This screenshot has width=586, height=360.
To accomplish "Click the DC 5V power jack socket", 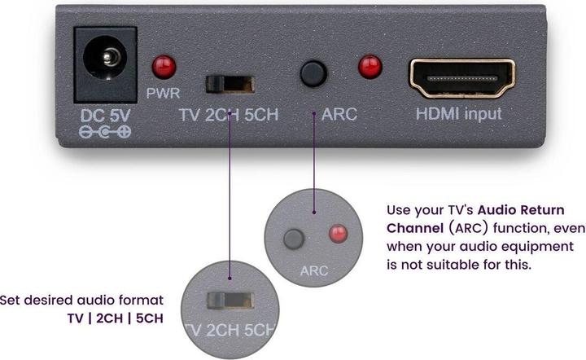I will [106, 59].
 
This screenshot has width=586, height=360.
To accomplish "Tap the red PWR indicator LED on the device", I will [165, 65].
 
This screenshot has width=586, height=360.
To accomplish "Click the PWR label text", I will [164, 93].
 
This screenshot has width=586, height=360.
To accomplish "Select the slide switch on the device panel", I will [230, 83].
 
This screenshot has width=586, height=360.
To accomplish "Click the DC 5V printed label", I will [104, 114].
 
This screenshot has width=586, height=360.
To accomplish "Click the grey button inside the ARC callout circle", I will [294, 239].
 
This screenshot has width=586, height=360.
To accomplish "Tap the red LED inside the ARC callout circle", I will [336, 235].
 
